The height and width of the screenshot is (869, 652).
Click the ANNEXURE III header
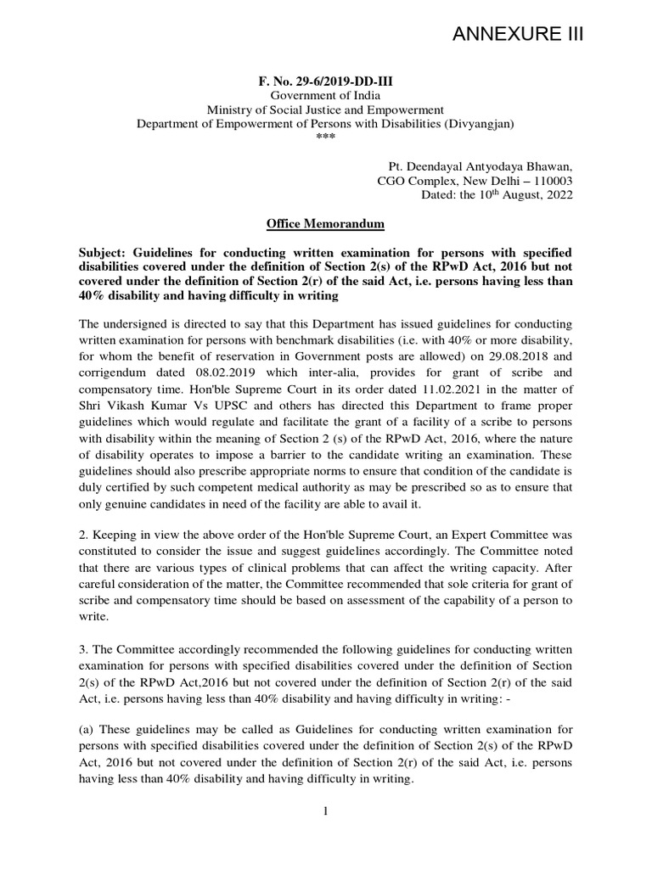pos(518,34)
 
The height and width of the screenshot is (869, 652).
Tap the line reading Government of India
pos(325,97)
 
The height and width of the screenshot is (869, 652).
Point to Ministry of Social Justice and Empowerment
pos(325,110)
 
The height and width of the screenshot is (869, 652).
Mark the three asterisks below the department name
pos(325,137)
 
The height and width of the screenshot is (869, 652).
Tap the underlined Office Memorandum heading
pos(325,224)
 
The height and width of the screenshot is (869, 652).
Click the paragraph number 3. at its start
pos(83,647)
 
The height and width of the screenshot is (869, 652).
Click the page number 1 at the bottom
pos(325,810)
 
